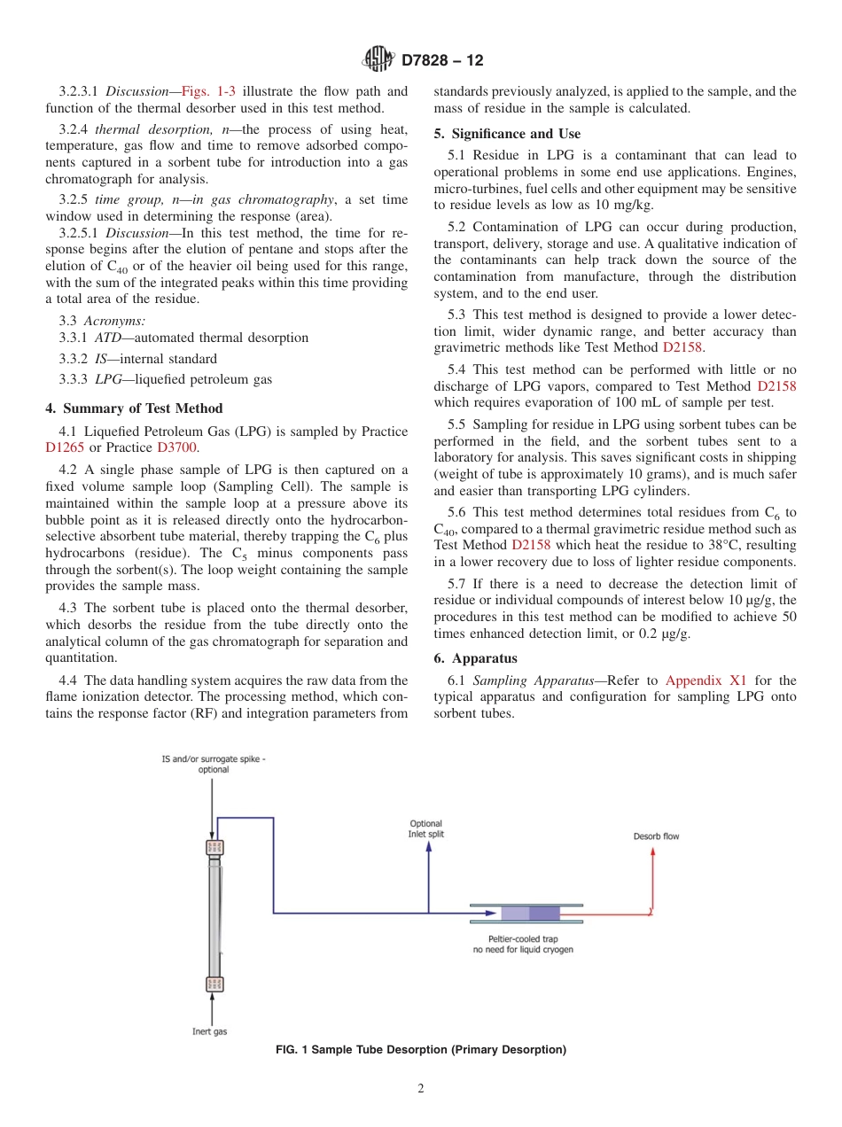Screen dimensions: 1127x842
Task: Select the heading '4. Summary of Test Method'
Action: (134, 408)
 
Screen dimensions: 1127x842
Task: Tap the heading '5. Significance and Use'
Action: (507, 134)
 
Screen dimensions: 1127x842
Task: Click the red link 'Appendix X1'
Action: (706, 680)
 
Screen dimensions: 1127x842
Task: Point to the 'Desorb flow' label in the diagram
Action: (656, 836)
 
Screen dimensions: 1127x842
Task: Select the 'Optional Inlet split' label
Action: (425, 828)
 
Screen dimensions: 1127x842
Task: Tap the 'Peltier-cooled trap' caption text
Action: (523, 944)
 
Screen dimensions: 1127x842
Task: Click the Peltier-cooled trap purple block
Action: (530, 913)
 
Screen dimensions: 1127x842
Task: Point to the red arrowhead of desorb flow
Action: (653, 851)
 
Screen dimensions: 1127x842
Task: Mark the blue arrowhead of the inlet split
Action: (429, 846)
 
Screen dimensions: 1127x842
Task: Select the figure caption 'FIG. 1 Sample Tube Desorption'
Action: (421, 1050)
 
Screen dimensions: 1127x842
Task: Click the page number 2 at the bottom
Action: (421, 1089)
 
